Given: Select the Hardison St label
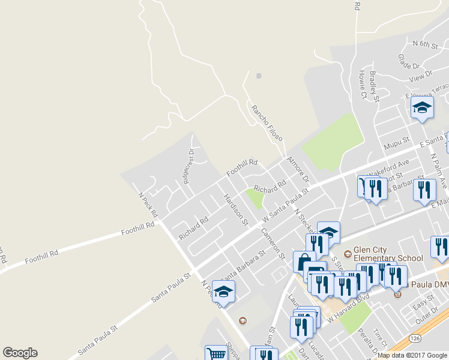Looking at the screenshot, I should point(235,209).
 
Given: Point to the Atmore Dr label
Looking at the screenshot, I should point(297,170).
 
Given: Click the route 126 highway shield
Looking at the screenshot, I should point(416,339).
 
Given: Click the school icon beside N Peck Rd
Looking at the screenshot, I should point(223,292).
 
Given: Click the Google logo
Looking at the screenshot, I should point(20,353).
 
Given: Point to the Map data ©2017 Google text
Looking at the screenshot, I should point(412,355).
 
